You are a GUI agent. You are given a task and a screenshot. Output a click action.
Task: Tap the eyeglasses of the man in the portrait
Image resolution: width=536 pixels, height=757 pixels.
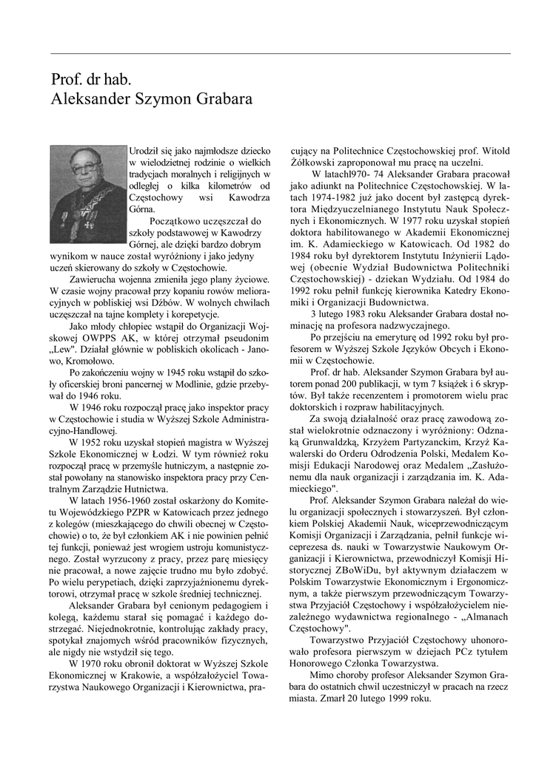[x=84, y=168]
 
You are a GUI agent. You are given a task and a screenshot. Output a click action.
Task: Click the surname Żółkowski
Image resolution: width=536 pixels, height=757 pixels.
[x=313, y=162]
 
